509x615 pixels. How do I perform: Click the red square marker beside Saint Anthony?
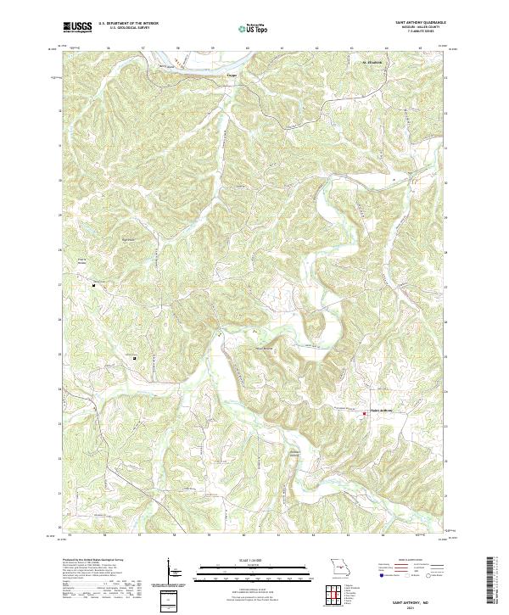click(x=366, y=414)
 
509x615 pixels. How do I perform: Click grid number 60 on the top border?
click(x=246, y=48)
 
